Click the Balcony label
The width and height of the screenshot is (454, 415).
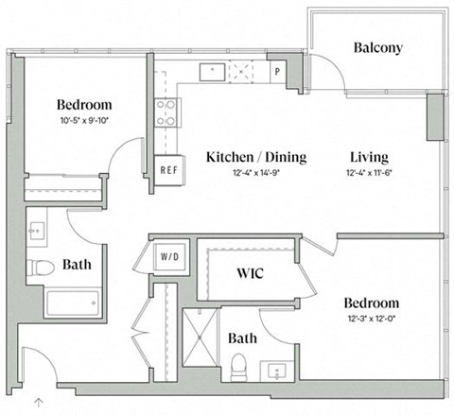click(378, 47)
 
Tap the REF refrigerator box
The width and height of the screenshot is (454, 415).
click(168, 170)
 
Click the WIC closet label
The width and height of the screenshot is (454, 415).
click(249, 273)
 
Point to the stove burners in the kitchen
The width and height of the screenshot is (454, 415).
click(167, 114)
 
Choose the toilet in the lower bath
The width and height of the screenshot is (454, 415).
click(239, 363)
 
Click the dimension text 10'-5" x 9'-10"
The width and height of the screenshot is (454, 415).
click(84, 120)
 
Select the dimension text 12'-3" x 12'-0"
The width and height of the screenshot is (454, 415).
click(371, 320)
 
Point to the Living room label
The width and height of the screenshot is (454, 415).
click(369, 157)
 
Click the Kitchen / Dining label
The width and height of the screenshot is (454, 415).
click(256, 157)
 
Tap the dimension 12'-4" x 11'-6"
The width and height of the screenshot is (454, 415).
click(369, 172)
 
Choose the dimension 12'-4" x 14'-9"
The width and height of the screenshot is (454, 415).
click(256, 172)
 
